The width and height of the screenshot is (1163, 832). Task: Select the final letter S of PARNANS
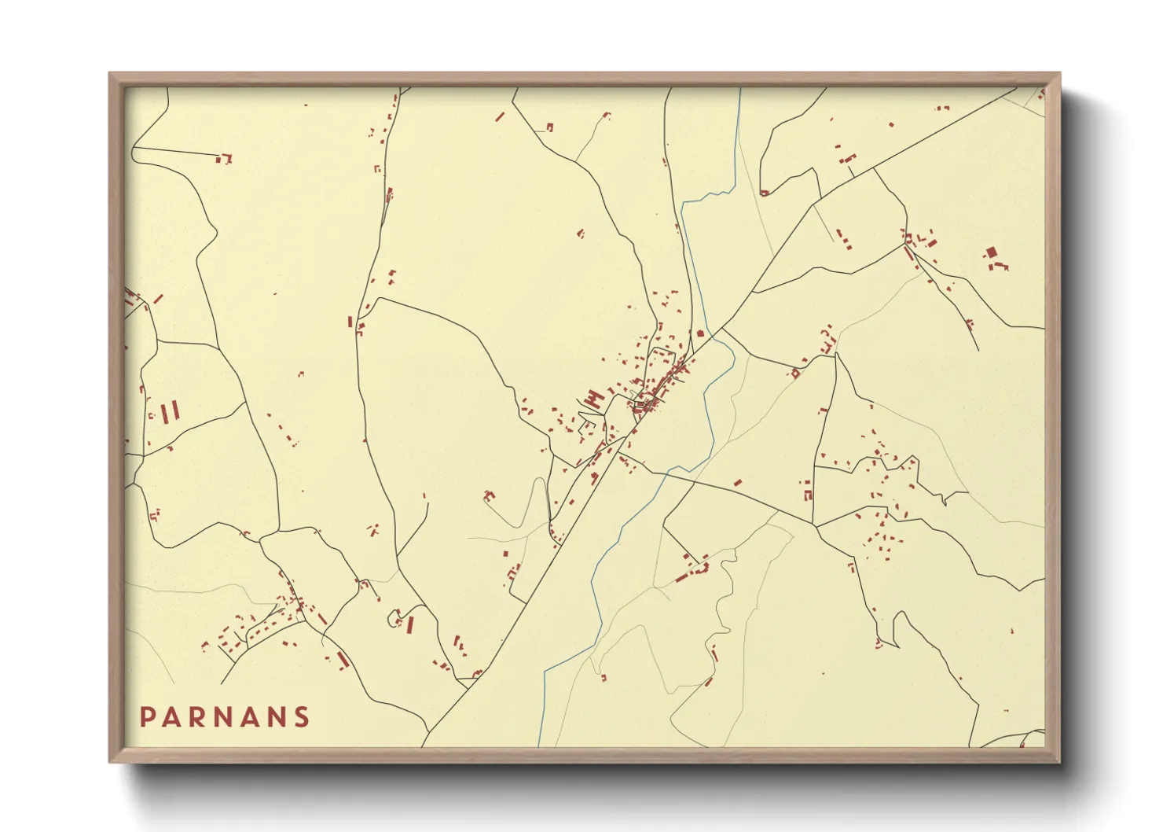point(302,717)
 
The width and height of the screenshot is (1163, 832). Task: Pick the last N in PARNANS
point(277,717)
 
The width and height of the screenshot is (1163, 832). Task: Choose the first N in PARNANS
point(225,717)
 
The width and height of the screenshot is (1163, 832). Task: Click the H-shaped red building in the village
point(593,399)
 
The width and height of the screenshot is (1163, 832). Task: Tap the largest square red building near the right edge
point(991,252)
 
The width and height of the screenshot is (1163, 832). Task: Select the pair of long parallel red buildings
point(171,411)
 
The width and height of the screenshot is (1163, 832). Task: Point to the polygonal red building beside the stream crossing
point(699,333)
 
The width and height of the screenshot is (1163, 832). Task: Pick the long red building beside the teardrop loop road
point(410,624)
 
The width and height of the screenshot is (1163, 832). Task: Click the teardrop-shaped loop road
point(394,619)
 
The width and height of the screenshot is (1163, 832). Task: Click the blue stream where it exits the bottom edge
point(539,745)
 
